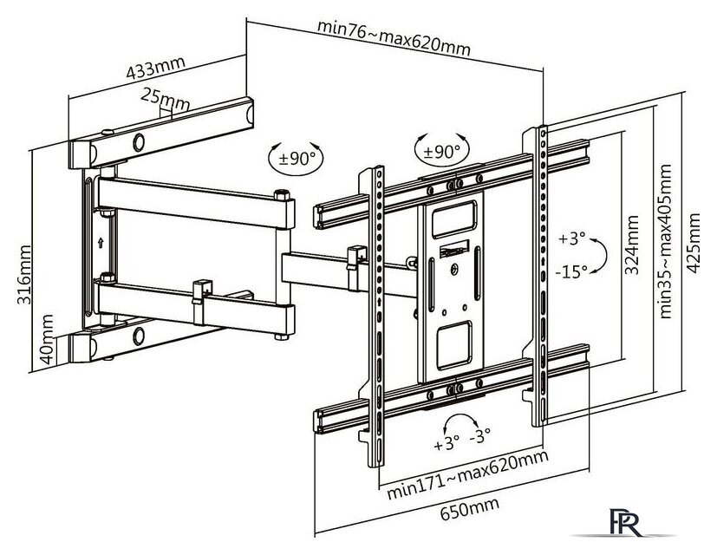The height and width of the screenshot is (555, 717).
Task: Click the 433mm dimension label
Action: pos(155,69)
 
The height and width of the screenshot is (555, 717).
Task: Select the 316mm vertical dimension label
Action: pos(24,275)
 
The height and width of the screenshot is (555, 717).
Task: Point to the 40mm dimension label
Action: pos(46,339)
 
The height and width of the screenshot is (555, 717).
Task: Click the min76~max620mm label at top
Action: pos(394,37)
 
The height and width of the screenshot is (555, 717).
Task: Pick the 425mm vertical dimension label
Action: pos(693,244)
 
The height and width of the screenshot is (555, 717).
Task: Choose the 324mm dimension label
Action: pos(631,245)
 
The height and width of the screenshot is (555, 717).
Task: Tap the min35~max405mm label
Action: pos(665,241)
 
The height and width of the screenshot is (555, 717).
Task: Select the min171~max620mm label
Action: pos(467,475)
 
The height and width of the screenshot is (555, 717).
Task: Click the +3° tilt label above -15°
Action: pos(571,238)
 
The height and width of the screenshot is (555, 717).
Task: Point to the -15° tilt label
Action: pos(571,271)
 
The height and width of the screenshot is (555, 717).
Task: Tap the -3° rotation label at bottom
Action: pos(479,435)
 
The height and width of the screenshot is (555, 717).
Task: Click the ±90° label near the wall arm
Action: pos(297,159)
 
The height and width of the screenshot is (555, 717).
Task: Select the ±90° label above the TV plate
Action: pos(441,152)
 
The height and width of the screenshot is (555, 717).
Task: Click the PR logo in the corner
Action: pos(626,522)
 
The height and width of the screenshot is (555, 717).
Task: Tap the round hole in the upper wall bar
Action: pos(139,142)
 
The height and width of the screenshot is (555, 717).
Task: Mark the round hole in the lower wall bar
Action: pos(139,336)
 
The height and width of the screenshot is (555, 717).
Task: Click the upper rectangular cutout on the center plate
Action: pos(454,219)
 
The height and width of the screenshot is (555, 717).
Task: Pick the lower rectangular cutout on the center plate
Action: pos(454,345)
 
